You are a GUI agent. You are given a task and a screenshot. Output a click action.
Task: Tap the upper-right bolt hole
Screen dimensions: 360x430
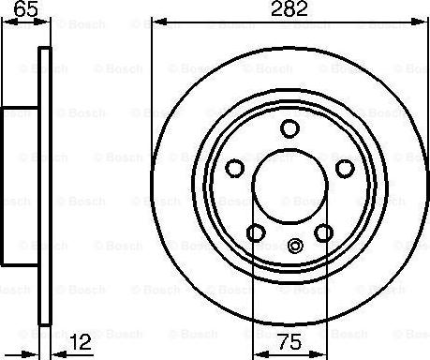coord(345,168)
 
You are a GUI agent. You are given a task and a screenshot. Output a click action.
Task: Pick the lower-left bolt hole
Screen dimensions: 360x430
coord(255,232)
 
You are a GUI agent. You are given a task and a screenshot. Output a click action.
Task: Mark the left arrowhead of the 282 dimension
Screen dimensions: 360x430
coord(156,22)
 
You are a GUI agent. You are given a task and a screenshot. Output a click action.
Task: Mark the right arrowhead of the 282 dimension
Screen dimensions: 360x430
coord(423,22)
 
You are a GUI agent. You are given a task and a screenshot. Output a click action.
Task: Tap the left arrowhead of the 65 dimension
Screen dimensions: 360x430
coord(4,22)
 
